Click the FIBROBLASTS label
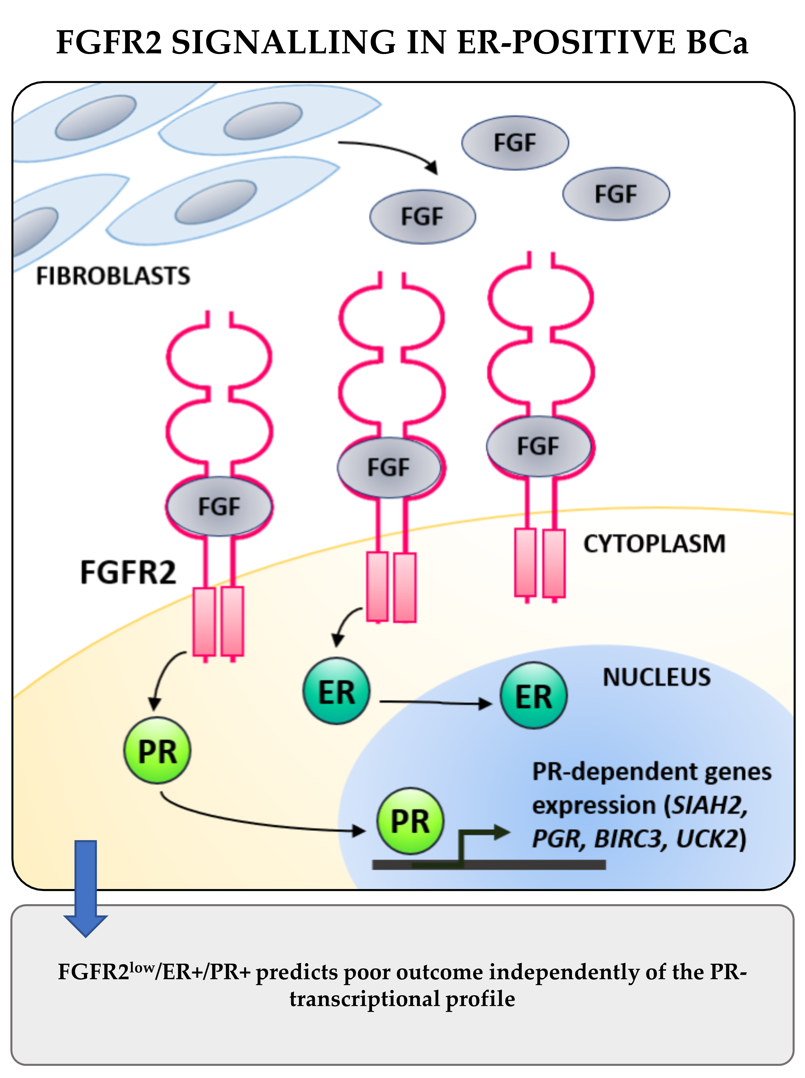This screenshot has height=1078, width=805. pos(113,276)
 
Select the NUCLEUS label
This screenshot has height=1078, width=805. pos(656,677)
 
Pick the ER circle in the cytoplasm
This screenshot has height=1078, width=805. pos(336,691)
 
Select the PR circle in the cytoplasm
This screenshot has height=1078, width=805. pos(157,751)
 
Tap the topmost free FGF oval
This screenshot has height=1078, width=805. pos(515,143)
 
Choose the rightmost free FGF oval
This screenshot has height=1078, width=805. pos(616,194)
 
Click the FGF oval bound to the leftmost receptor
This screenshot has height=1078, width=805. pos(219,507)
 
